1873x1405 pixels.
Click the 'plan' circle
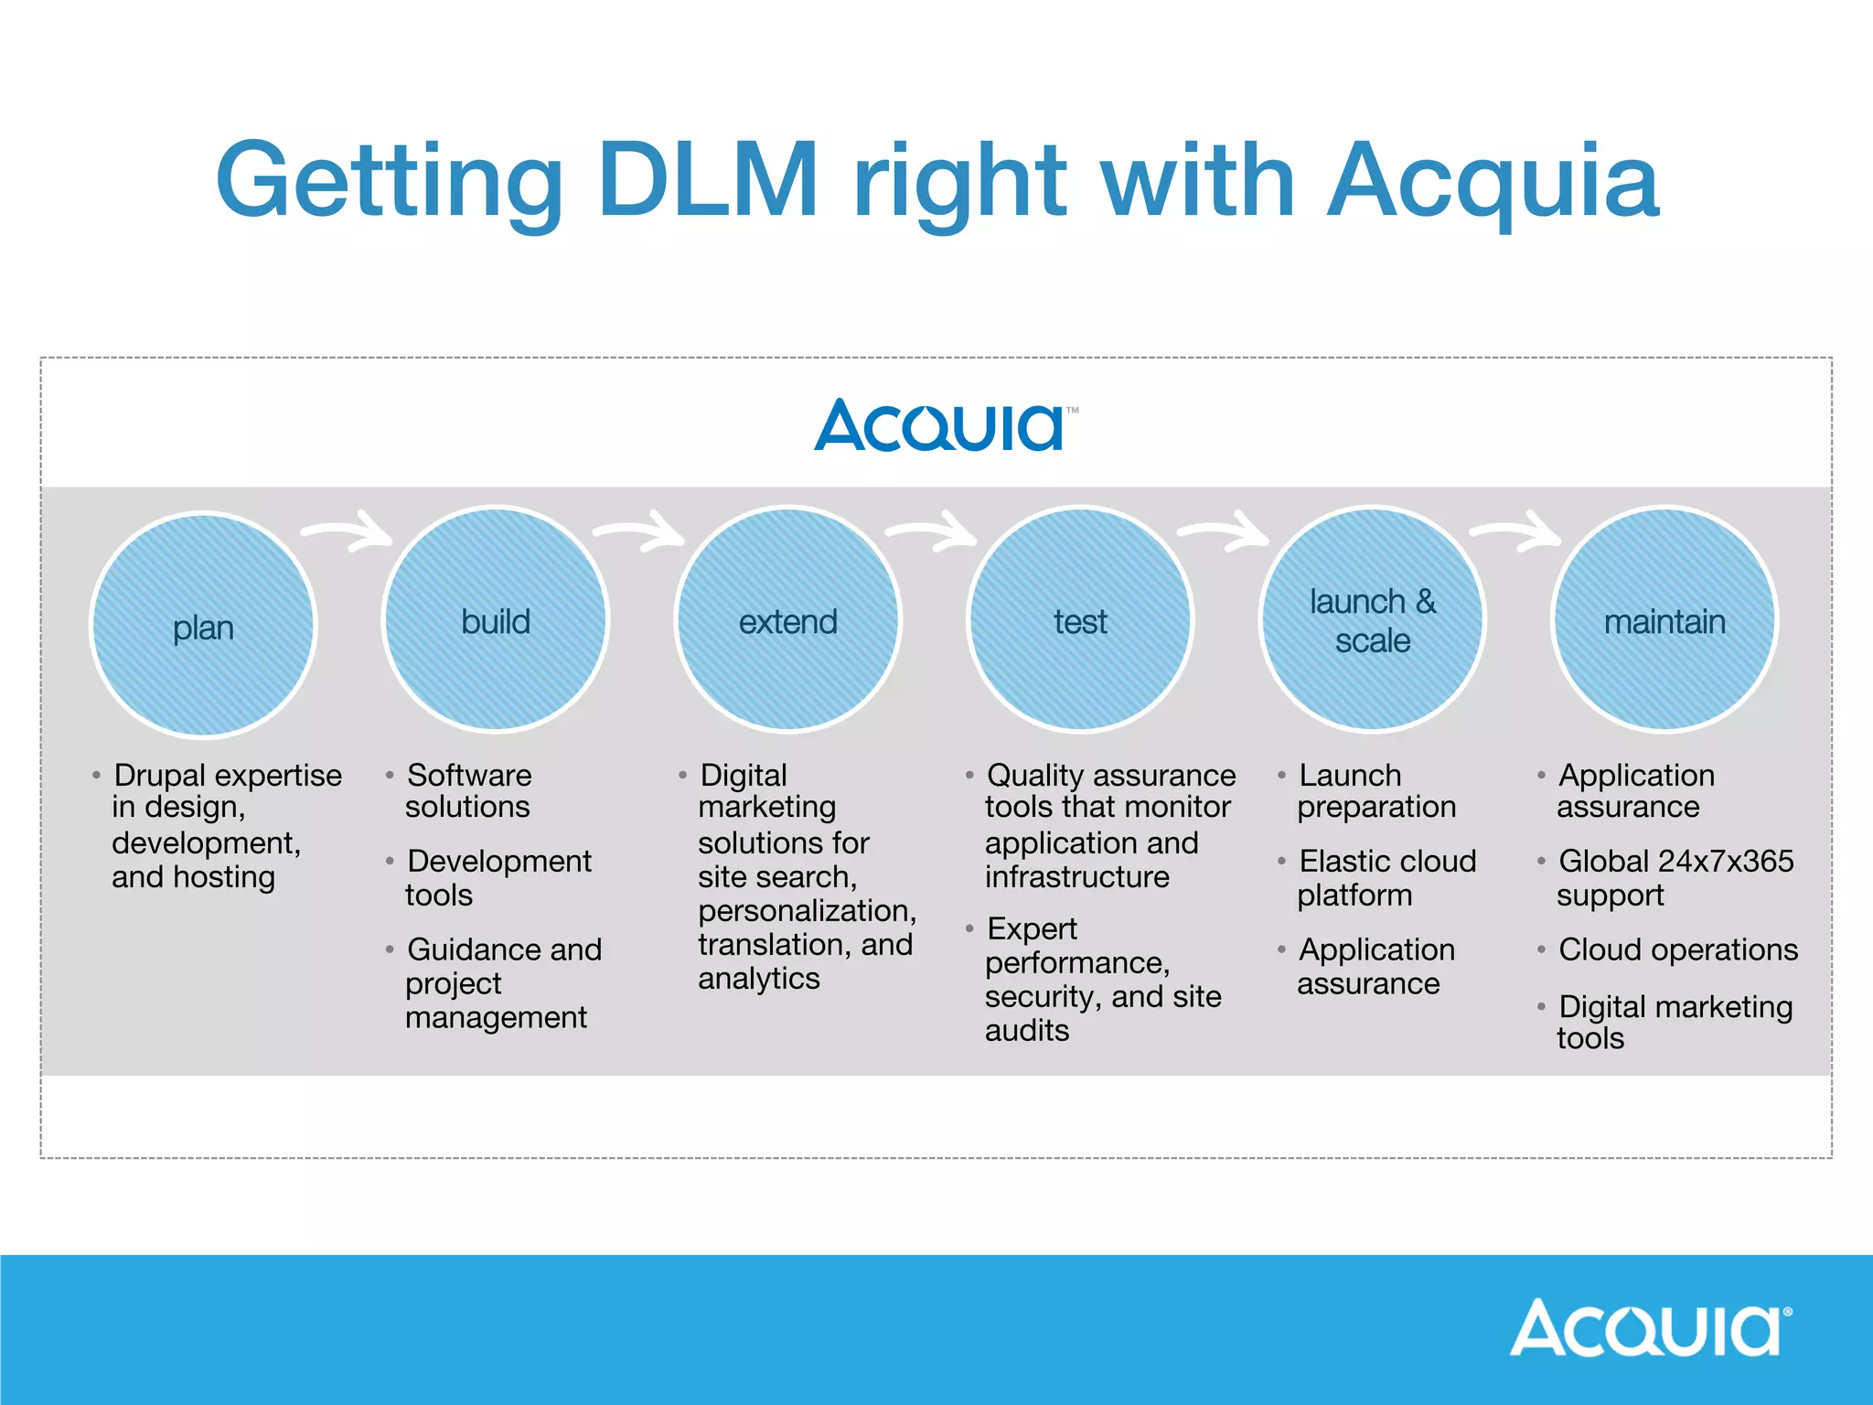pos(203,626)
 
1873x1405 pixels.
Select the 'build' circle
pos(496,620)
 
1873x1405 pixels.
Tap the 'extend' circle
pos(787,620)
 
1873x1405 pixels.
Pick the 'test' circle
pos(1080,620)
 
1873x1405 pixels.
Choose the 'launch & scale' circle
pos(1372,620)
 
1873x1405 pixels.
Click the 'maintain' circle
pos(1664,620)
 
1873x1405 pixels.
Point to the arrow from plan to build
pos(348,531)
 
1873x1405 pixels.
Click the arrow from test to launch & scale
pos(1224,531)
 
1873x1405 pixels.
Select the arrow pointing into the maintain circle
pos(1516,531)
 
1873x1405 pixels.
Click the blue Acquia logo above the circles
pos(942,425)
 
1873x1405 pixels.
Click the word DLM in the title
pos(708,179)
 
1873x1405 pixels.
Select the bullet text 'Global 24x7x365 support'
pos(1674,877)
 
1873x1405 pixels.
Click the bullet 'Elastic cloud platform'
pos(1386,877)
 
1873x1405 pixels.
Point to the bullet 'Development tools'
pos(498,877)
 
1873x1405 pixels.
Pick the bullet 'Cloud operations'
pos(1677,949)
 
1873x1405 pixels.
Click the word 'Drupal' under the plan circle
pos(160,775)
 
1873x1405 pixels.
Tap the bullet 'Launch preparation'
pos(1375,790)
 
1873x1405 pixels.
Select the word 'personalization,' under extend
pos(807,911)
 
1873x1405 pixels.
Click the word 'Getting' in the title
pos(389,181)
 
